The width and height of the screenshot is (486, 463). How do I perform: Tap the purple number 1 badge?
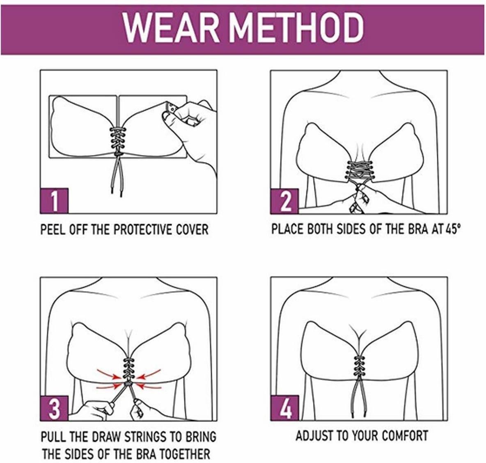coord(54,201)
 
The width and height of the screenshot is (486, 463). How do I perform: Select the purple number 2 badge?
coord(284,201)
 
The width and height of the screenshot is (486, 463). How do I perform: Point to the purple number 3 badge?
coord(54,408)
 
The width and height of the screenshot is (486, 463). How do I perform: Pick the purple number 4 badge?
coord(284,408)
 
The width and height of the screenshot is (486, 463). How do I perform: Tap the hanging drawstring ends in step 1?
coord(117,176)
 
